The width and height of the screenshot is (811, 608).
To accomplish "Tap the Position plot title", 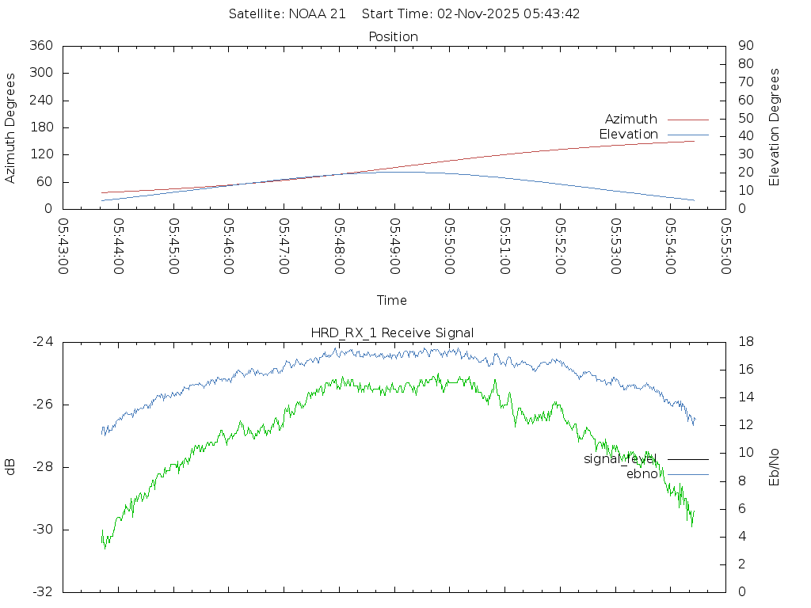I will click(394, 36).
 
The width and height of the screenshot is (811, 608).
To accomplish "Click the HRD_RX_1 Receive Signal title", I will click(394, 332).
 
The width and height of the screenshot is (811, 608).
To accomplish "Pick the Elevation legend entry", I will click(629, 135).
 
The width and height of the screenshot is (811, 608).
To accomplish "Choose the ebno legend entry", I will click(642, 474).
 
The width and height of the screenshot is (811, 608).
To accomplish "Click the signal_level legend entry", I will click(621, 459).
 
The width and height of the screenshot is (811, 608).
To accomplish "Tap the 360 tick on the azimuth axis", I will click(40, 46).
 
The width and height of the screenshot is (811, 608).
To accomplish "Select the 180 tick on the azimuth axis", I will click(40, 127).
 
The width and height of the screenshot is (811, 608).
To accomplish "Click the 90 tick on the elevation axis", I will click(745, 46).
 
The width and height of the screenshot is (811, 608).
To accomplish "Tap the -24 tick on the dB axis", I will click(43, 342).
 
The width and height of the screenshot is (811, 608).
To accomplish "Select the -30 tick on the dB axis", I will click(43, 530).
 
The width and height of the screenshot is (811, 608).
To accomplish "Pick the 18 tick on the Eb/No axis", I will click(745, 342).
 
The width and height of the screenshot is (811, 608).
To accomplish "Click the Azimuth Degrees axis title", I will click(11, 127).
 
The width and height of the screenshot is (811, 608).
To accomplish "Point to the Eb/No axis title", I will click(775, 466).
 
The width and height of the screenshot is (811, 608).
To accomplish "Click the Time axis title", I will click(392, 301).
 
